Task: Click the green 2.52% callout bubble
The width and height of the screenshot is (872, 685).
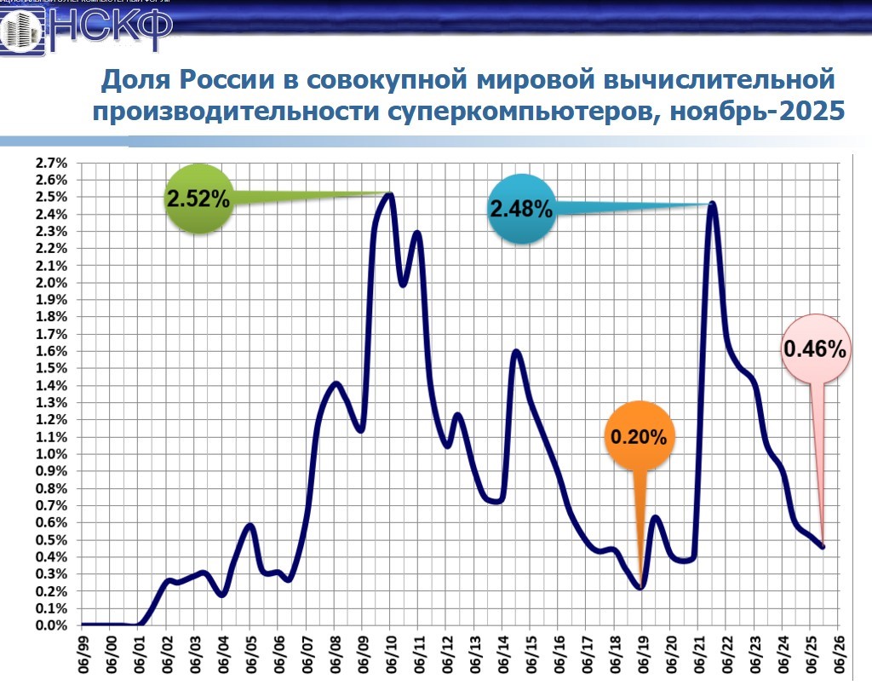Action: click(198, 199)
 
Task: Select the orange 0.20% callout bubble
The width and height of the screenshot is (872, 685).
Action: click(638, 438)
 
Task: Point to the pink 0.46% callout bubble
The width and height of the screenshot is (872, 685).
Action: click(814, 348)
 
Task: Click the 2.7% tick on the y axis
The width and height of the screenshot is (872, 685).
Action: click(51, 163)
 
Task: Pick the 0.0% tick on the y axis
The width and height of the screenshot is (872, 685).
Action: click(51, 625)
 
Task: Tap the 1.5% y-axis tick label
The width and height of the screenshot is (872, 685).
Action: click(51, 368)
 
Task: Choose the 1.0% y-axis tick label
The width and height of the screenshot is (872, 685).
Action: click(51, 454)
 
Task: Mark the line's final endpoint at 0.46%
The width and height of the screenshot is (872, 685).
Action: click(823, 547)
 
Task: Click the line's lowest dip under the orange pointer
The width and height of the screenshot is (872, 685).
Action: click(640, 587)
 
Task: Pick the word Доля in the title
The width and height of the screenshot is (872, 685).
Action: click(135, 81)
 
